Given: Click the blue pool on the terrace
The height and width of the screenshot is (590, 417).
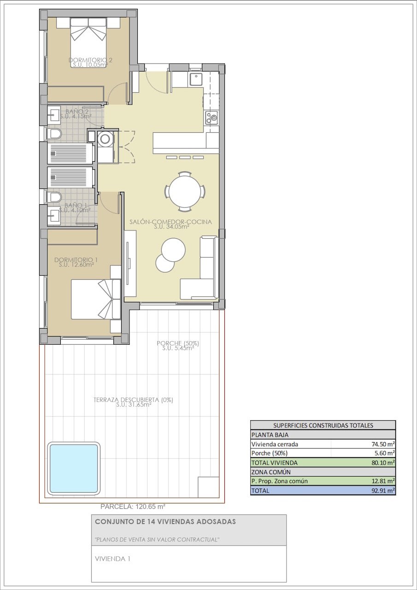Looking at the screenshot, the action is (x=73, y=468).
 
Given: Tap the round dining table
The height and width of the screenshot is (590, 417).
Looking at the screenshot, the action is (x=185, y=191).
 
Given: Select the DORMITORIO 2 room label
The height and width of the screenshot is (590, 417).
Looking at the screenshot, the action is (x=90, y=60).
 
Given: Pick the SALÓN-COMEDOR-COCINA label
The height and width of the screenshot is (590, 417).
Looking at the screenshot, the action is (x=170, y=222).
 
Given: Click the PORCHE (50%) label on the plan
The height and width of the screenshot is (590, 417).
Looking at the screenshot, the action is (x=178, y=343).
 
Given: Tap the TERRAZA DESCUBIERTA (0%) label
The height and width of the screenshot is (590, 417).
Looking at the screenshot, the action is (x=133, y=400).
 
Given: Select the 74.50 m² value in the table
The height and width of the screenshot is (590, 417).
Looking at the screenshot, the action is (x=383, y=444).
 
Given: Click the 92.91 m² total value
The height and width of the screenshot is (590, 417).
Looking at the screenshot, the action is (x=383, y=490).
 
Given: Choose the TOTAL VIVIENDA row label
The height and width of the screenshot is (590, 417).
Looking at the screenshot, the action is (x=274, y=463).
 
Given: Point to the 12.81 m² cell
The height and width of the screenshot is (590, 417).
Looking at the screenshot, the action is (x=383, y=481).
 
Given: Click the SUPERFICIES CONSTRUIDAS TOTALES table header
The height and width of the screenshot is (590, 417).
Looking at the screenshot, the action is (x=323, y=425).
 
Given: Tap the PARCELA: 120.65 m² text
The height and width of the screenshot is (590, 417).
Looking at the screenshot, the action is (x=133, y=506).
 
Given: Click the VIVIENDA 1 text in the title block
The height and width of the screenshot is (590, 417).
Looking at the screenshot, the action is (x=112, y=559).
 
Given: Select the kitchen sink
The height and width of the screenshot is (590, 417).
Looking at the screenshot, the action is (x=195, y=80).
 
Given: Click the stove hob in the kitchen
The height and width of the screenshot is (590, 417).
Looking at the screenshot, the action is (x=211, y=118).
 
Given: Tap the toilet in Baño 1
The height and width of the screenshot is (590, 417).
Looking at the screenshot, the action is (x=54, y=197).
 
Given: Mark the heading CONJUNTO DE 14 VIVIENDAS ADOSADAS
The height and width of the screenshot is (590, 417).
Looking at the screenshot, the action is (x=165, y=521).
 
